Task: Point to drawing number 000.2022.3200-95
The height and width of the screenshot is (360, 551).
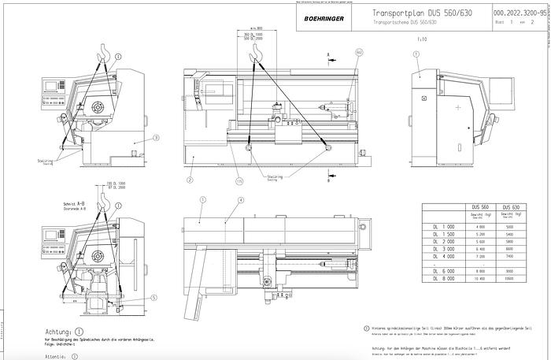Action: [520, 13]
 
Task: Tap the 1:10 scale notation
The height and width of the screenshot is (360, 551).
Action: [423, 37]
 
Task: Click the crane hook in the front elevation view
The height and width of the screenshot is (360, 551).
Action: [254, 53]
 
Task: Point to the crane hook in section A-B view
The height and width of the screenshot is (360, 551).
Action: [102, 202]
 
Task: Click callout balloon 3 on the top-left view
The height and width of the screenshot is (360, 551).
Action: [156, 138]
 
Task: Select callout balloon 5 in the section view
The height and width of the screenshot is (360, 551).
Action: [153, 298]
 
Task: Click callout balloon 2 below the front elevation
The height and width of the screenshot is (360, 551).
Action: [190, 180]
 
